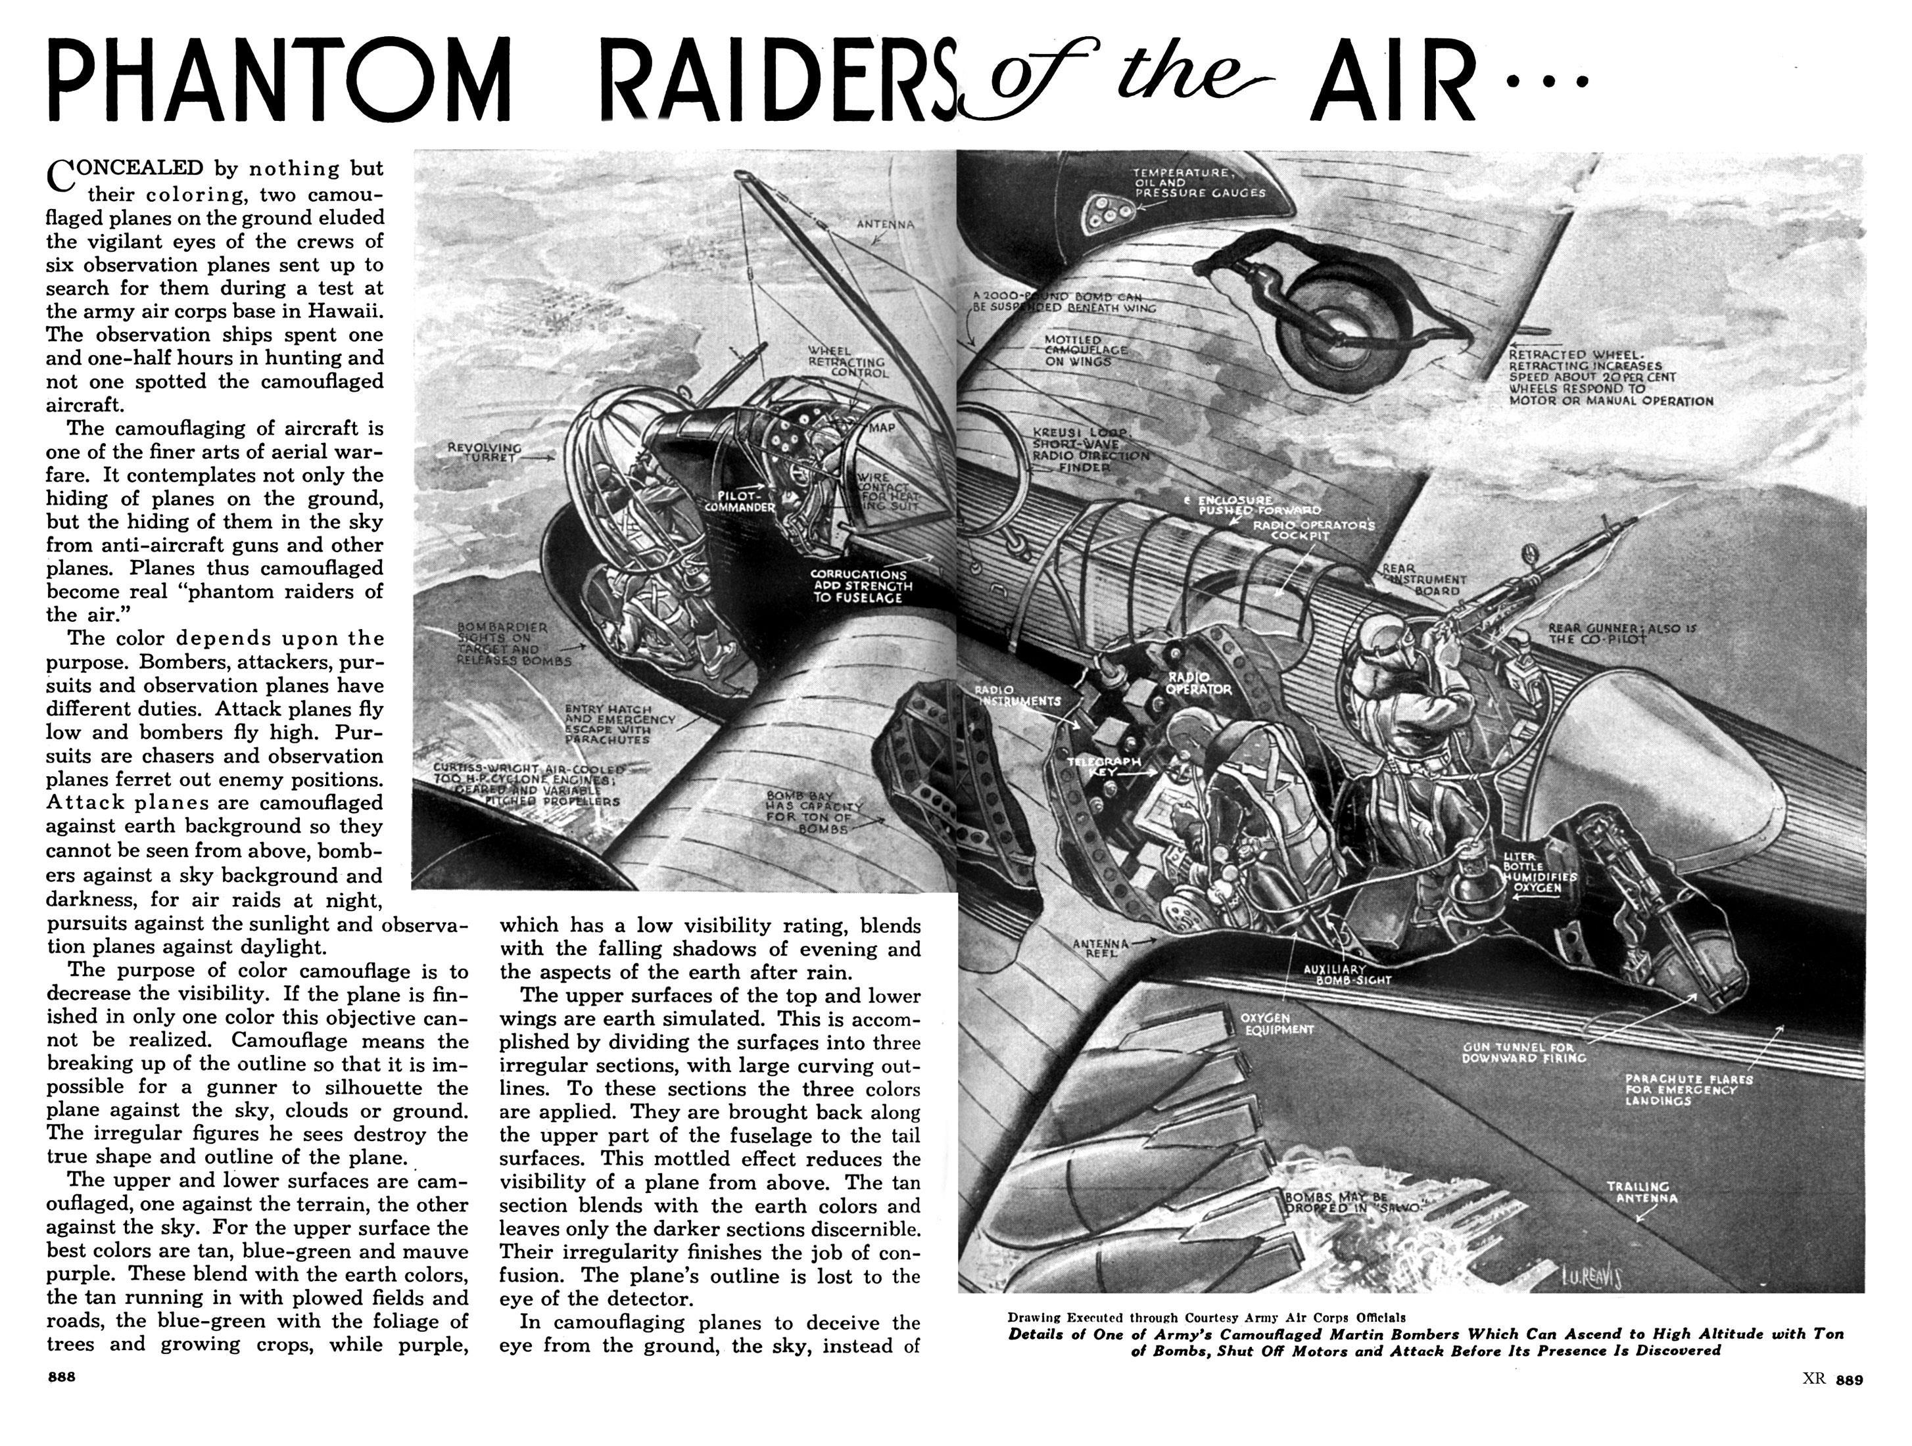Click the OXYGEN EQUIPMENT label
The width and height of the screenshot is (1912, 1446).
pos(1277,1023)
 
